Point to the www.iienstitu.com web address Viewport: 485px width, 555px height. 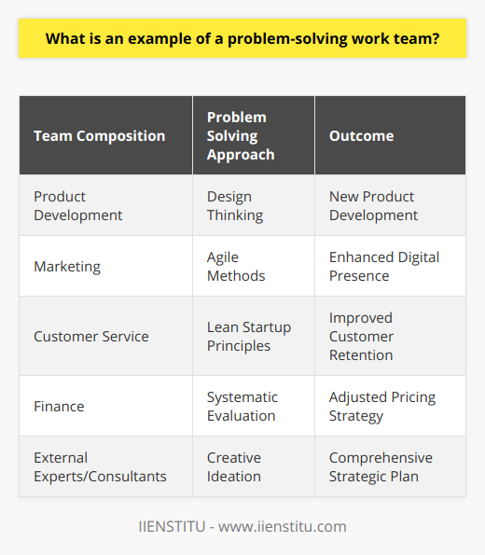coord(283,526)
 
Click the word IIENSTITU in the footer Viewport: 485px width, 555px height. coord(172,526)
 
